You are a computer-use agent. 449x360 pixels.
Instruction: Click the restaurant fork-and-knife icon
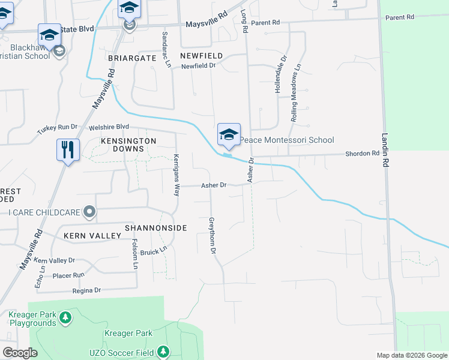67,149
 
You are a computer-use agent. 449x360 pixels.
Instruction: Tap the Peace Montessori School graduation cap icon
229,136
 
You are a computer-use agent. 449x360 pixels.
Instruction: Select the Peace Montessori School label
287,140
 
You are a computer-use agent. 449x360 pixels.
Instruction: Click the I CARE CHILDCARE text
41,212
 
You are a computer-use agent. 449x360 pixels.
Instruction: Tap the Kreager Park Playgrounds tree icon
66,316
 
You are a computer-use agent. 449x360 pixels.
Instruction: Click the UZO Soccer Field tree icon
161,352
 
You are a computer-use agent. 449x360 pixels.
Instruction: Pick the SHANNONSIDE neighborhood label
156,228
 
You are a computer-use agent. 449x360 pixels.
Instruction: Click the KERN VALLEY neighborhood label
92,236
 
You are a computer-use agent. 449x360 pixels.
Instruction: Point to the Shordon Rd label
363,154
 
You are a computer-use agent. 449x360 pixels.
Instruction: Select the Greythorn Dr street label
211,235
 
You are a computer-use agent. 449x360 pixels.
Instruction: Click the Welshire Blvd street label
109,127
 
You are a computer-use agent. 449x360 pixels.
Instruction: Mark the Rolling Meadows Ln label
295,98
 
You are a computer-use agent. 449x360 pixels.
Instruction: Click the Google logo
20,353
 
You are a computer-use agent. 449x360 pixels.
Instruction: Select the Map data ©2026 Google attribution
412,355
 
